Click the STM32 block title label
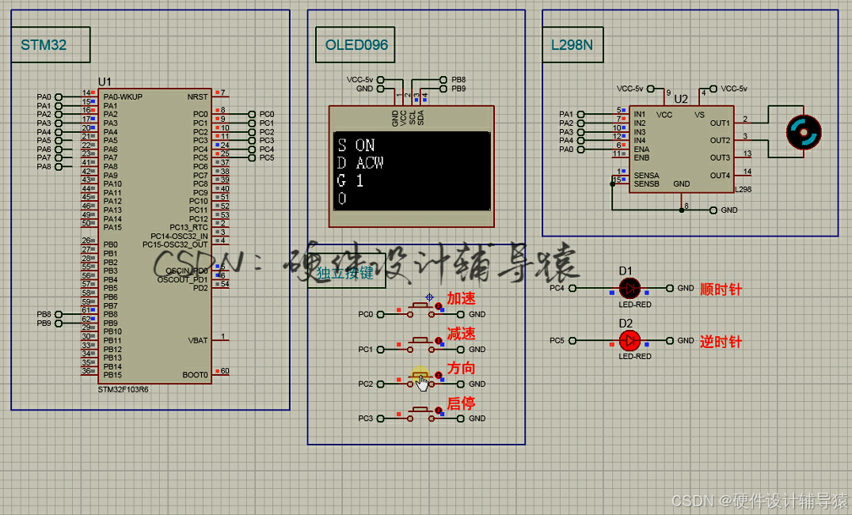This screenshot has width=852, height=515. click(44, 45)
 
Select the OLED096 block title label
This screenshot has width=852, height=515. click(356, 45)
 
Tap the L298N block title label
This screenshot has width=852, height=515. click(572, 45)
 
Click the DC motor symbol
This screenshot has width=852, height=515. click(803, 131)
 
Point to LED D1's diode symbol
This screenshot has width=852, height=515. click(629, 289)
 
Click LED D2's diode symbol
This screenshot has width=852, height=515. click(629, 340)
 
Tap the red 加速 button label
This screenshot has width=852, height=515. click(461, 299)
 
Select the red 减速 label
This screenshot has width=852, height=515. click(461, 334)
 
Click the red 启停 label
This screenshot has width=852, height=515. click(461, 403)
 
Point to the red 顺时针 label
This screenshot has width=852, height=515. click(721, 290)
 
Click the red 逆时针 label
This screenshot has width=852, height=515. click(721, 342)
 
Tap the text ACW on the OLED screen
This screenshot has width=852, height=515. click(370, 163)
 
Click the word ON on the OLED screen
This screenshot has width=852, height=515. click(365, 146)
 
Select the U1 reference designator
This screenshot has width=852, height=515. click(105, 82)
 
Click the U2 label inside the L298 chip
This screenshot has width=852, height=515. click(681, 99)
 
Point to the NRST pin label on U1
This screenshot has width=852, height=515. click(197, 97)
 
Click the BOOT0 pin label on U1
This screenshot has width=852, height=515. click(195, 375)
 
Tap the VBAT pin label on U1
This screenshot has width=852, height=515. click(197, 340)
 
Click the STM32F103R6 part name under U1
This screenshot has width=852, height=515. click(123, 390)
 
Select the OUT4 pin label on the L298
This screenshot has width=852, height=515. click(720, 176)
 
